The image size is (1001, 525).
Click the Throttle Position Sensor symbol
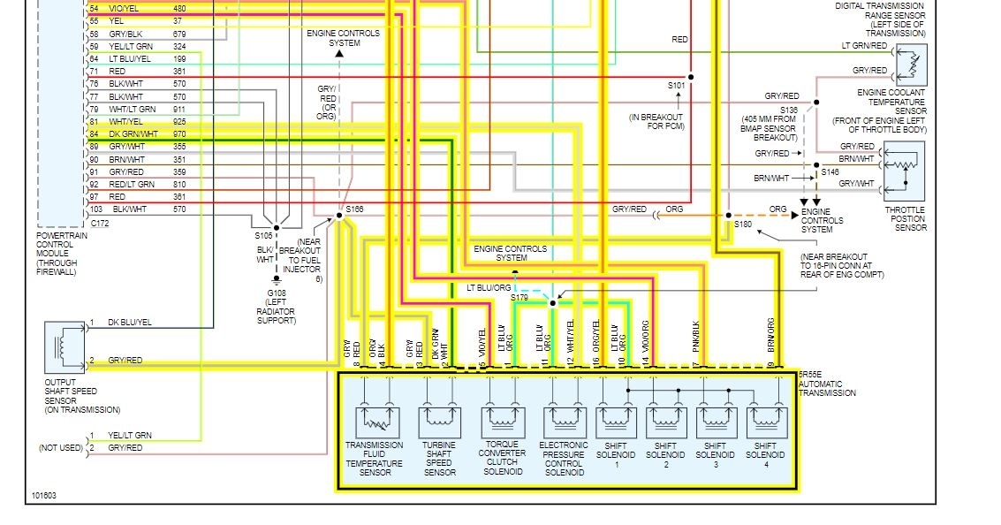(905, 165)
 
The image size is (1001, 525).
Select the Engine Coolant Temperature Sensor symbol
(911, 64)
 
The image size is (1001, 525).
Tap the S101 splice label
(677, 87)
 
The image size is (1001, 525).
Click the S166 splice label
(355, 209)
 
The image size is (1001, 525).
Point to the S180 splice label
(743, 224)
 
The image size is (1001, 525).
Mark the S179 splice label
(519, 298)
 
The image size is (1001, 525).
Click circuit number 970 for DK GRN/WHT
(180, 133)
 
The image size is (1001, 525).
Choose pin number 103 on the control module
(96, 209)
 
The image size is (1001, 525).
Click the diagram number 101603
(43, 495)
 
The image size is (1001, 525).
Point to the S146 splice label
(830, 172)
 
